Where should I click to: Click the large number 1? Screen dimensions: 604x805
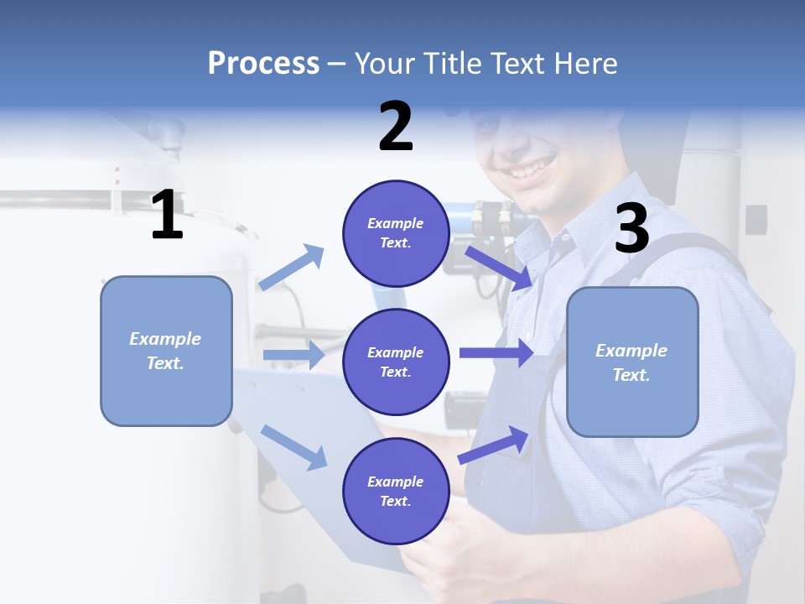167,216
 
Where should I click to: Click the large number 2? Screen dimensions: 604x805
396,127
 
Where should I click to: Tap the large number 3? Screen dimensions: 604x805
631,228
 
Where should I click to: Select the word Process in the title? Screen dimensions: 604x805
263,63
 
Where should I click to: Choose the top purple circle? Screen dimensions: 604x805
396,233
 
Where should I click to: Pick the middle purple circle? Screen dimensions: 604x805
396,362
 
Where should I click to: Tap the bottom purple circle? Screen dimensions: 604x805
396,491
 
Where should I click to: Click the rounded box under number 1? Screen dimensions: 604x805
166,351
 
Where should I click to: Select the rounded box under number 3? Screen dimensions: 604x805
632,362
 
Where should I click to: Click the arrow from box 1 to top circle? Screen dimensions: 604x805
291,268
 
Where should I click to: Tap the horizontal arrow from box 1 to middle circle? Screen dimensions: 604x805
293,355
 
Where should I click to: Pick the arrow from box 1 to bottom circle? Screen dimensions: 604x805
293,446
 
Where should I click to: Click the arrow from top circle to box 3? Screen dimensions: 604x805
498,267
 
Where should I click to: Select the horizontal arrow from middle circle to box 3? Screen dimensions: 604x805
496,352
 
